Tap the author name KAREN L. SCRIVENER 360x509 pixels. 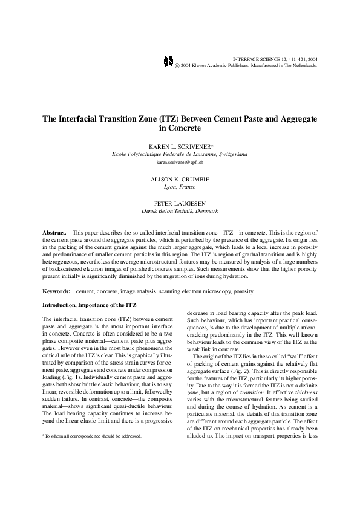click(178, 147)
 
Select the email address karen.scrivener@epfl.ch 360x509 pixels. click(180, 163)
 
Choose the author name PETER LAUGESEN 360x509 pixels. click(180, 204)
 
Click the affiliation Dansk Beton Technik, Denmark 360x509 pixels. click(180, 212)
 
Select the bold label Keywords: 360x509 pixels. click(56, 291)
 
